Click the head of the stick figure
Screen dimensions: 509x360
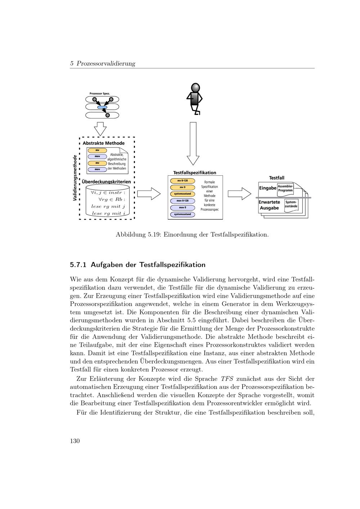tap(195, 88)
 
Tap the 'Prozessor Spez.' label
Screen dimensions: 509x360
tap(100, 94)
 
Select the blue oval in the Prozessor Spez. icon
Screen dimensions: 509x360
tap(102, 107)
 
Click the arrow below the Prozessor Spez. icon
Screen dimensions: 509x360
tap(100, 129)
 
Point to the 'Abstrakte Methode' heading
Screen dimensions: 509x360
tap(104, 143)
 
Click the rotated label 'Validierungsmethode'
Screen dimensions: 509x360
tap(75, 178)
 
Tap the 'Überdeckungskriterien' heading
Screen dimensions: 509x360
tap(106, 182)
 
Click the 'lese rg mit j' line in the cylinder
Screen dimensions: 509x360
tap(108, 206)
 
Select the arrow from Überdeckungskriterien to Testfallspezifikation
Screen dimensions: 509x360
tap(149, 194)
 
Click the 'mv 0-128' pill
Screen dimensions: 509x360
tap(183, 181)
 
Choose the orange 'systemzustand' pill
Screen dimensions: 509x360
tap(183, 194)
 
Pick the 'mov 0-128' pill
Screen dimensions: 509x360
tap(183, 201)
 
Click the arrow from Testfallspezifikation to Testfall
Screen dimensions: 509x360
tap(239, 194)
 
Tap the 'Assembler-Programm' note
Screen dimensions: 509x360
tap(285, 188)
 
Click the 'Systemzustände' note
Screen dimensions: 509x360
tap(291, 204)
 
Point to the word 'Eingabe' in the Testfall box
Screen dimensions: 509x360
tap(267, 188)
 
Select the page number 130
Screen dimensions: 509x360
tap(75, 441)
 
